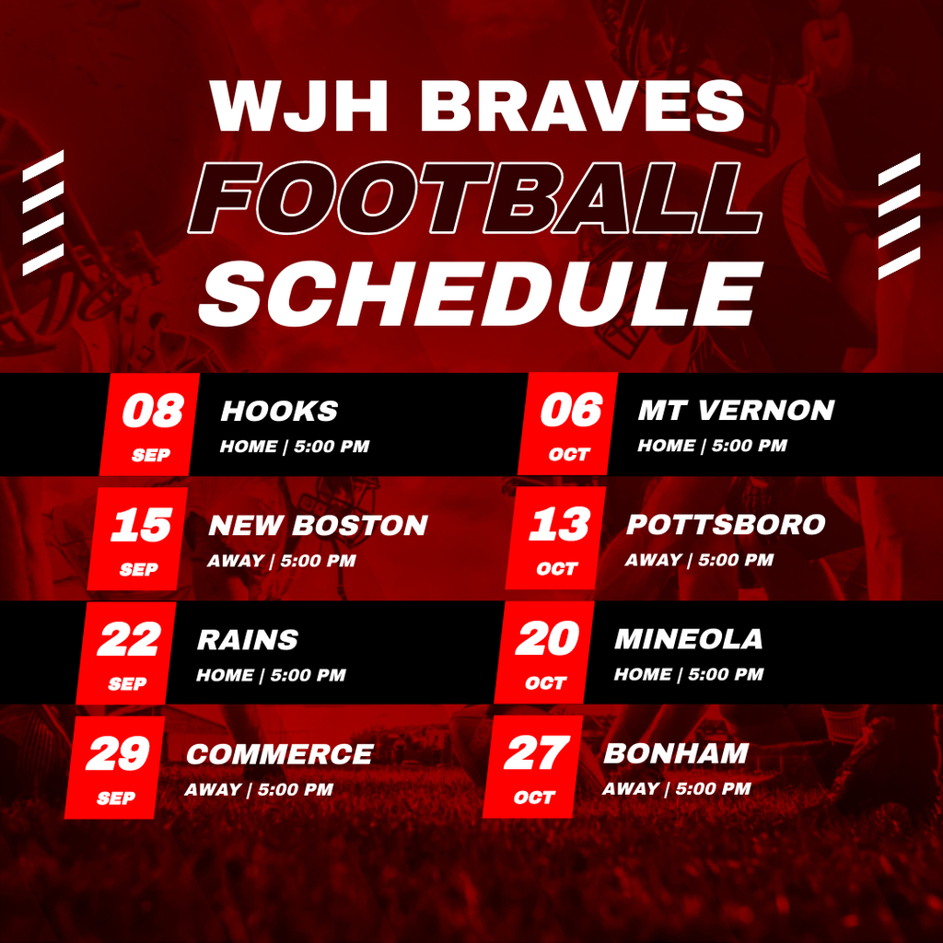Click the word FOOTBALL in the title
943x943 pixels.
[475, 198]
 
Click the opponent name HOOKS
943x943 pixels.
[279, 411]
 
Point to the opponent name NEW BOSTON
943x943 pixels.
[318, 525]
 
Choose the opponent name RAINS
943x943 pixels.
[247, 639]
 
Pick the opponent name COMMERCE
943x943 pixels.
[280, 754]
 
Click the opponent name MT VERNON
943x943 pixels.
[736, 410]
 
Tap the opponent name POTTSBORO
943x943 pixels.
[726, 524]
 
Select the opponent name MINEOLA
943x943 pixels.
[688, 639]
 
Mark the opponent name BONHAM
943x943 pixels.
[675, 753]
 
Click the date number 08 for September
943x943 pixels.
[153, 411]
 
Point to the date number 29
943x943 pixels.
[117, 753]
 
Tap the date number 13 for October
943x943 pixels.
[559, 524]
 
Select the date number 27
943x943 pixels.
[537, 752]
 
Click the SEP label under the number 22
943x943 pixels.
[127, 684]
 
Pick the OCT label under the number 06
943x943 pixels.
[569, 454]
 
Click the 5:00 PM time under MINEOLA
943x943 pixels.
[726, 674]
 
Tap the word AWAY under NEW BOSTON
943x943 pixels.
[235, 561]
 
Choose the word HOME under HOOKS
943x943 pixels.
[249, 447]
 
